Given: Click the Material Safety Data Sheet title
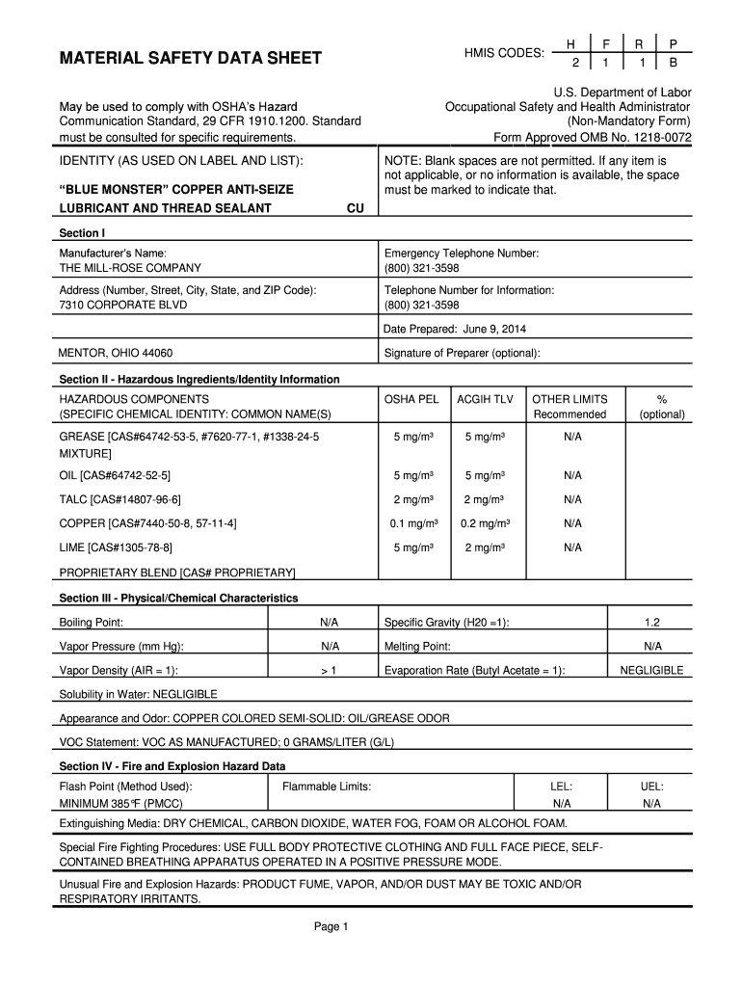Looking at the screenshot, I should click(191, 60).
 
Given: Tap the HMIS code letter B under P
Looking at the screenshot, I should click(674, 63).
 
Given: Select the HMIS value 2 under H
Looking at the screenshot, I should click(574, 63).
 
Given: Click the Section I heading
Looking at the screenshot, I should click(82, 233).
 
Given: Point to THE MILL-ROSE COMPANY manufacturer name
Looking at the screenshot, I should click(131, 268).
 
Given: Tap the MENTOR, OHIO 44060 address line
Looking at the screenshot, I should click(116, 353).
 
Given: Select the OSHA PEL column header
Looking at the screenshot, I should click(411, 399).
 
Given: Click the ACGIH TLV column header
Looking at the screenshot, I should click(485, 399).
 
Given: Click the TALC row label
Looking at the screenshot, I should click(120, 499).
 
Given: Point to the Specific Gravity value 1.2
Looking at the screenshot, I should click(652, 623).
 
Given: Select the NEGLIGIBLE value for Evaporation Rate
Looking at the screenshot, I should click(651, 670).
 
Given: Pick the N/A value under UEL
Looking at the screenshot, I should click(652, 803).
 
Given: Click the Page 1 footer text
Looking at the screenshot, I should click(331, 927).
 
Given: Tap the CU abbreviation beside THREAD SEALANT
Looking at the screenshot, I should click(356, 208).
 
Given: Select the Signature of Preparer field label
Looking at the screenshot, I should click(462, 353).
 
